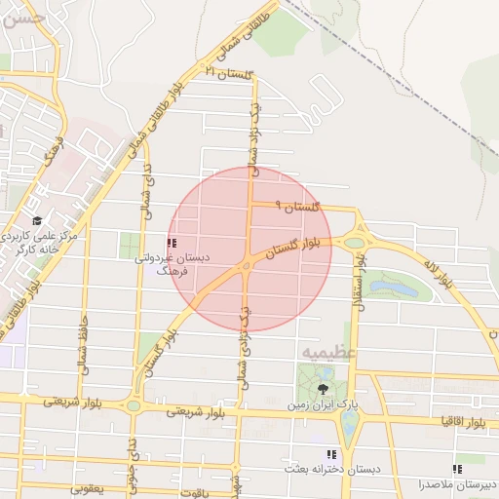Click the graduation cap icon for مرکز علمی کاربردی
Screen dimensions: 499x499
pyautogui.click(x=37, y=222)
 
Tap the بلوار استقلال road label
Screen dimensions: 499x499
pyautogui.click(x=358, y=283)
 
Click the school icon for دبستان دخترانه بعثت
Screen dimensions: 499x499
pyautogui.click(x=331, y=453)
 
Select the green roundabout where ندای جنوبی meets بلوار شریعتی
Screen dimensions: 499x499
pyautogui.click(x=134, y=404)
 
